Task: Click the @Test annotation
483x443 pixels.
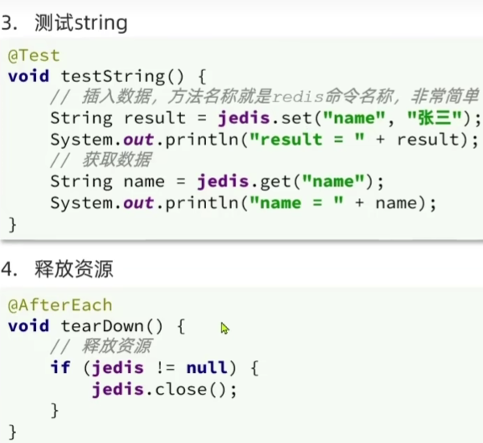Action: (x=34, y=56)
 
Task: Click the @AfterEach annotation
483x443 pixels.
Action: (x=60, y=305)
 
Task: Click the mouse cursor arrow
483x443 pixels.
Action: (x=225, y=328)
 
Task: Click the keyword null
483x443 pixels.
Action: (x=207, y=368)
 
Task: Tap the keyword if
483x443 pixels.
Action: (x=60, y=368)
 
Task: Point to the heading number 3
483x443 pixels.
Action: (x=8, y=23)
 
